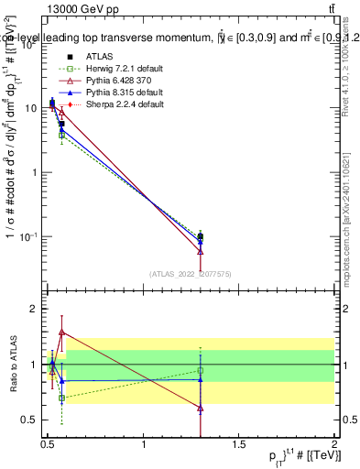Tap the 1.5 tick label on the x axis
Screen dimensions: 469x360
point(239,444)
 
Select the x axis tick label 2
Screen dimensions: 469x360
point(335,444)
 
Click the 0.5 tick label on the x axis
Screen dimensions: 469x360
point(48,444)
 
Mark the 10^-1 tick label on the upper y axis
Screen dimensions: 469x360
point(27,237)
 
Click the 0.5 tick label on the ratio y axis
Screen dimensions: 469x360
point(28,420)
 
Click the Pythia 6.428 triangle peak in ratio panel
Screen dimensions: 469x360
point(61,332)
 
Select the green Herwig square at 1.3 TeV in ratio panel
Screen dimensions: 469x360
point(201,371)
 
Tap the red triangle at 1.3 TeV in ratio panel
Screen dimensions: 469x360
point(201,409)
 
